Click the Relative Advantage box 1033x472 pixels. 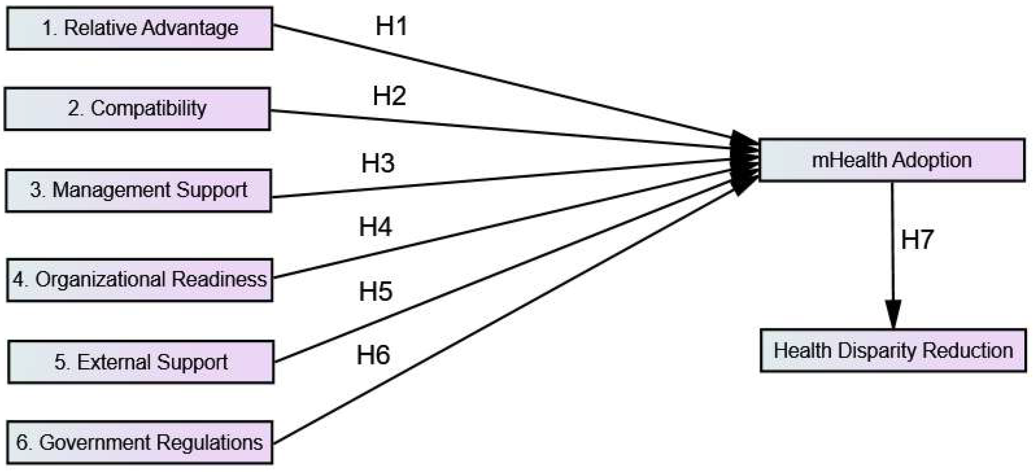[140, 28]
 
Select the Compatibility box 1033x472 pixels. [138, 109]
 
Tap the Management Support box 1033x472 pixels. [138, 191]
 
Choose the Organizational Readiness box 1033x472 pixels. [140, 280]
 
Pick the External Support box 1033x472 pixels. [141, 362]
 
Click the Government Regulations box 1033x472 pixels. [140, 442]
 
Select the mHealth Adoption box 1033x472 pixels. [892, 160]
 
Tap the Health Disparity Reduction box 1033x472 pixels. [893, 351]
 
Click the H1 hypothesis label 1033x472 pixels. [391, 26]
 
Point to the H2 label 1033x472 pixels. [389, 96]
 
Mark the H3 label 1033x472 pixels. [378, 164]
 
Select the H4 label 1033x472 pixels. [375, 227]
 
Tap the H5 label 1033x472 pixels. [375, 292]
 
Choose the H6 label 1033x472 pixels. [373, 355]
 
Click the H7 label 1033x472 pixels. [917, 240]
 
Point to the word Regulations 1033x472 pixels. [209, 442]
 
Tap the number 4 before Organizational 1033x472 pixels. [18, 280]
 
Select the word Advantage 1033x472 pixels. [190, 28]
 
